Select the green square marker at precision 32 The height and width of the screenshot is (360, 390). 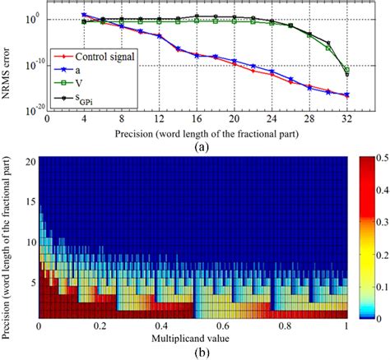tap(346, 70)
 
